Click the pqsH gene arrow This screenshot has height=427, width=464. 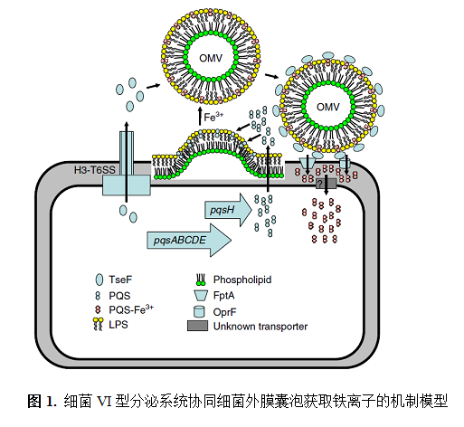[228, 210]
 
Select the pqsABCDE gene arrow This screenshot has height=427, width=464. [189, 240]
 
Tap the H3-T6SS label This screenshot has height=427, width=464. [95, 170]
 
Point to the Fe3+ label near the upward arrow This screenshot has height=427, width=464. [213, 117]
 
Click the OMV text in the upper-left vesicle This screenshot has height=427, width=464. [211, 58]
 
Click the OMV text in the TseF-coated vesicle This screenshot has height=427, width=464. [328, 107]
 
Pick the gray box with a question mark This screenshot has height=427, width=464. [326, 184]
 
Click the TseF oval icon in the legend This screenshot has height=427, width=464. [99, 280]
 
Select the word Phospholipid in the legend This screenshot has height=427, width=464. [242, 280]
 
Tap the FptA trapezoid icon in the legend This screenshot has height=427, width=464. [201, 296]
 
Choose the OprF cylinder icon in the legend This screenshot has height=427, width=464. [199, 311]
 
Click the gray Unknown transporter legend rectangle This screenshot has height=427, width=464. [197, 326]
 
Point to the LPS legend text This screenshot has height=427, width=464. [118, 325]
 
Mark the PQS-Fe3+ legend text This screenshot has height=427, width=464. [131, 309]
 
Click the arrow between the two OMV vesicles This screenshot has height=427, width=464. [272, 76]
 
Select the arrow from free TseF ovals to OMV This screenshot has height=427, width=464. [154, 86]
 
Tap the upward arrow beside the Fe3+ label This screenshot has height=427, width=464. [200, 117]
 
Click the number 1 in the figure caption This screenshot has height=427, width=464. [50, 402]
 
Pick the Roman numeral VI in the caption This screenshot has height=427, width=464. [104, 402]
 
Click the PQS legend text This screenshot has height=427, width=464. [119, 296]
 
